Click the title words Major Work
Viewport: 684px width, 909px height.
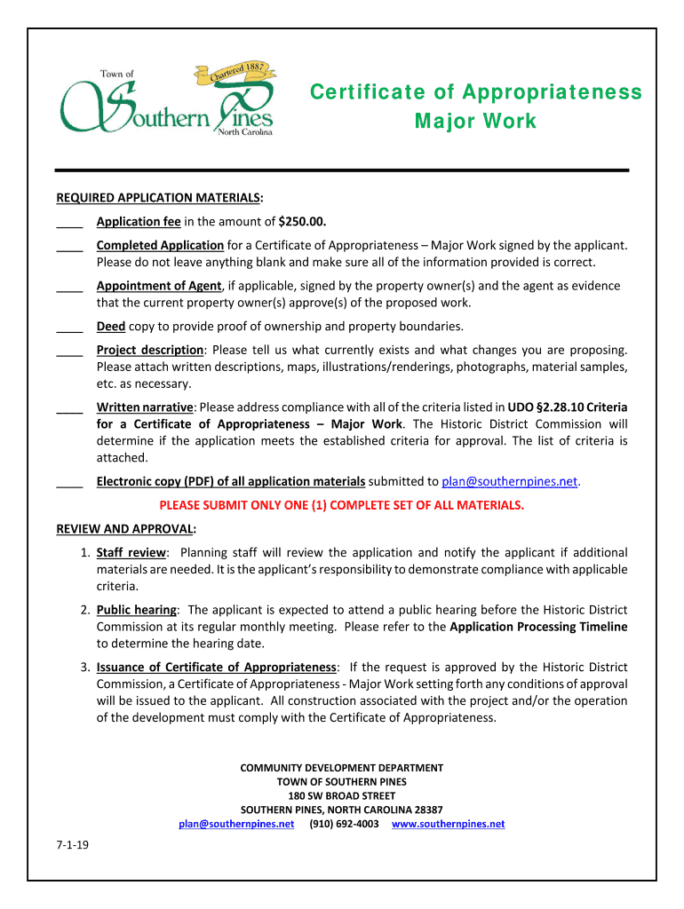click(x=475, y=121)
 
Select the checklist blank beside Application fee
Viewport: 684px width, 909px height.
click(x=69, y=223)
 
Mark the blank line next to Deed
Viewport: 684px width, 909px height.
click(x=69, y=328)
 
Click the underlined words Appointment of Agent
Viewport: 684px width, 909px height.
click(x=159, y=286)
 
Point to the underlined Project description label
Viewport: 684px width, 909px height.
click(x=150, y=351)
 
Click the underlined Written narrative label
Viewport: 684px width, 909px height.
click(x=145, y=407)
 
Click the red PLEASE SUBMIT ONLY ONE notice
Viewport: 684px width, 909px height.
click(x=342, y=505)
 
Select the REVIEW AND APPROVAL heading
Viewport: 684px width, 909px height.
click(x=126, y=529)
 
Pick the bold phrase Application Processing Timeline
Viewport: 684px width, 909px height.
click(x=538, y=627)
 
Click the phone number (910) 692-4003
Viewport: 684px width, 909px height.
click(x=344, y=824)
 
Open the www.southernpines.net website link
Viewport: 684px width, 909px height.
click(x=448, y=824)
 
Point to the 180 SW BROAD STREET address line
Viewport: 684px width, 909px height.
click(x=342, y=795)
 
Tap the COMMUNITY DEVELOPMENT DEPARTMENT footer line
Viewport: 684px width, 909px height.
click(x=342, y=768)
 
